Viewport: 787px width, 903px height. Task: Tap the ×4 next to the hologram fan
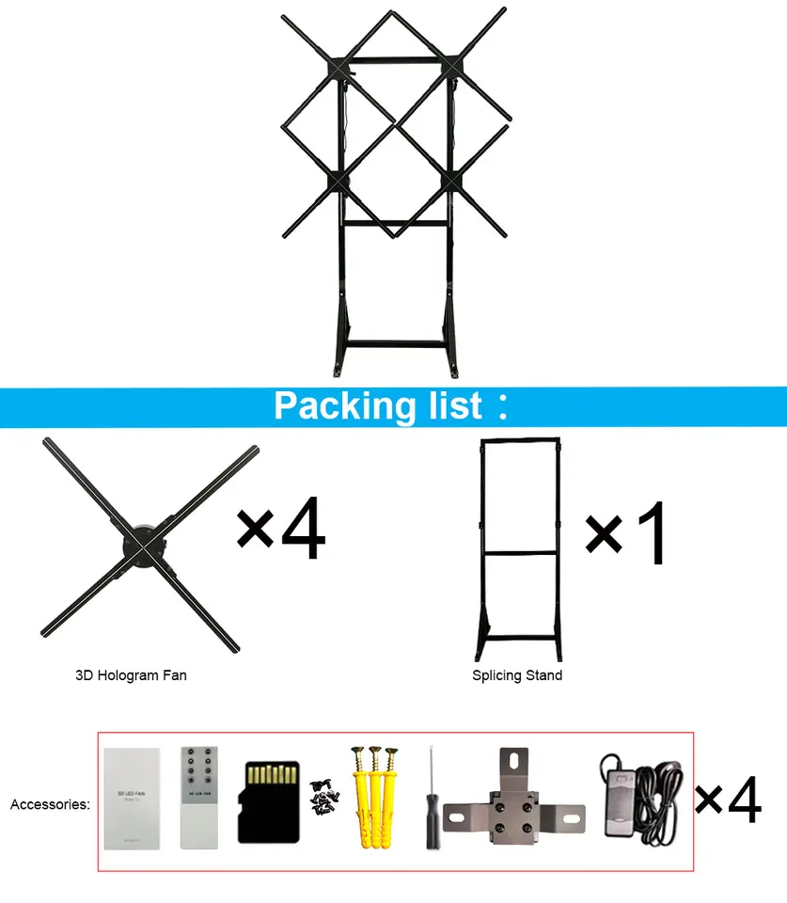click(279, 531)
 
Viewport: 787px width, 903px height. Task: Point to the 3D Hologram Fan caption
click(131, 675)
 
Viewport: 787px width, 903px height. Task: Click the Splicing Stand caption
click(517, 675)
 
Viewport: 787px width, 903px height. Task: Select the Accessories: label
click(50, 804)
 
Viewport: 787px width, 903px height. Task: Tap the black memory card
click(268, 801)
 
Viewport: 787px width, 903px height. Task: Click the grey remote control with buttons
click(201, 799)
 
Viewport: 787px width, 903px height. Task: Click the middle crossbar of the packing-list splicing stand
click(518, 551)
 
